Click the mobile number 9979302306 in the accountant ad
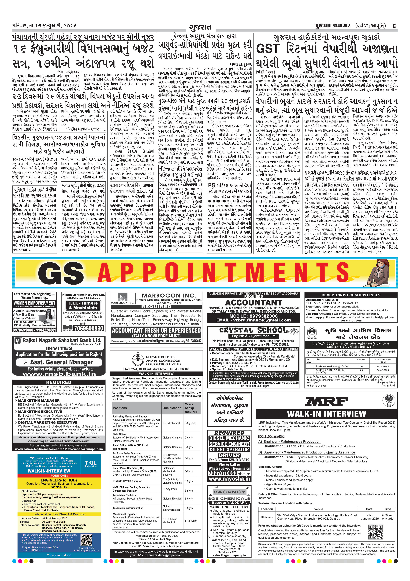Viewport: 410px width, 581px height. tap(253, 316)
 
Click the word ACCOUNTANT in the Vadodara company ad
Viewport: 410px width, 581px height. tap(253, 303)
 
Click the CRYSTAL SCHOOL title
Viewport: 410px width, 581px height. tap(253, 330)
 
